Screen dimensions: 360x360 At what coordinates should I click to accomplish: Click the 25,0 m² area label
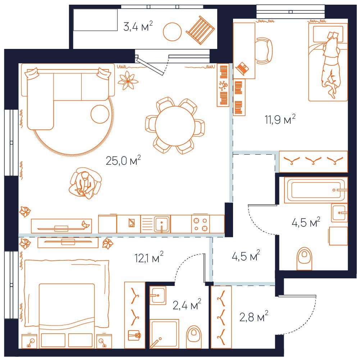(123, 160)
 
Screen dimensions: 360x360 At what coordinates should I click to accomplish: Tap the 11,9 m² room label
(280, 119)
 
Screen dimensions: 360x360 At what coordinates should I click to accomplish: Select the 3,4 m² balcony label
(138, 26)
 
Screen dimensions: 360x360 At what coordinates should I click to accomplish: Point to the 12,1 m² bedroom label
(149, 257)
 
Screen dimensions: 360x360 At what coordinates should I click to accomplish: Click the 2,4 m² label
(187, 305)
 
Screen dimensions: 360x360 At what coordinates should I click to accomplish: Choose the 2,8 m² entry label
(254, 316)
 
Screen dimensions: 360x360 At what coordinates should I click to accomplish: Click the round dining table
(175, 126)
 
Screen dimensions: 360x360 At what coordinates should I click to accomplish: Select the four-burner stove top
(201, 224)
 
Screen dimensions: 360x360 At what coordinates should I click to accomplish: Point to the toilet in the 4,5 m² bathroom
(305, 259)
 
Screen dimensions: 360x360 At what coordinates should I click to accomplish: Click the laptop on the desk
(242, 68)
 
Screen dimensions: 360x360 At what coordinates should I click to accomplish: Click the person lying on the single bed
(331, 65)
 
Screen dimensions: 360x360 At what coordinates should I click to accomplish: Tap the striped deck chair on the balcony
(200, 30)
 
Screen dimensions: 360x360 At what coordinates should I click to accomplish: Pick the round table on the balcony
(172, 32)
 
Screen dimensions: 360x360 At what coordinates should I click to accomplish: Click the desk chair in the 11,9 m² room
(264, 51)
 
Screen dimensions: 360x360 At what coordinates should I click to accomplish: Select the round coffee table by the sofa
(100, 114)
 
